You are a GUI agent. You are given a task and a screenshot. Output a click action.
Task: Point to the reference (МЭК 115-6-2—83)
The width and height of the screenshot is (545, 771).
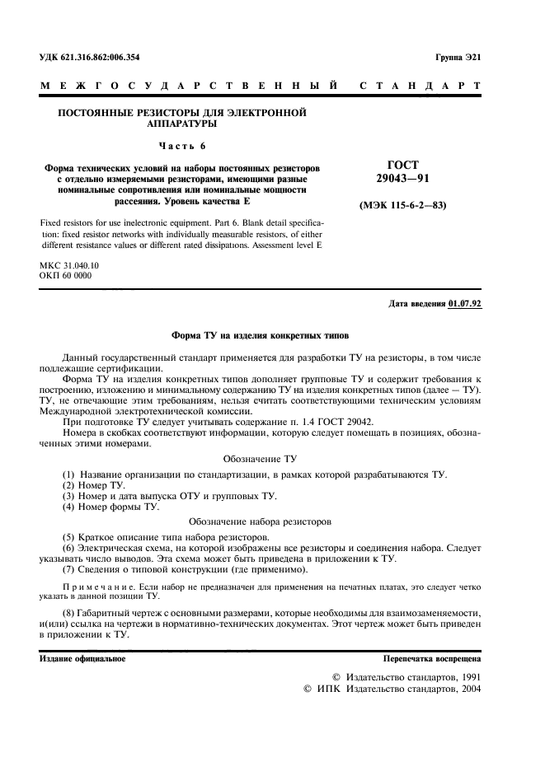(x=402, y=204)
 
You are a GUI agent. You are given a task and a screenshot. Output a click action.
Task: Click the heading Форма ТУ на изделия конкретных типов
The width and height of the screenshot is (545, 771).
(x=261, y=336)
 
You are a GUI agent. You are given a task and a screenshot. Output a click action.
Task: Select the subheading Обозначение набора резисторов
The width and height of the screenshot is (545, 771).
(x=261, y=521)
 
